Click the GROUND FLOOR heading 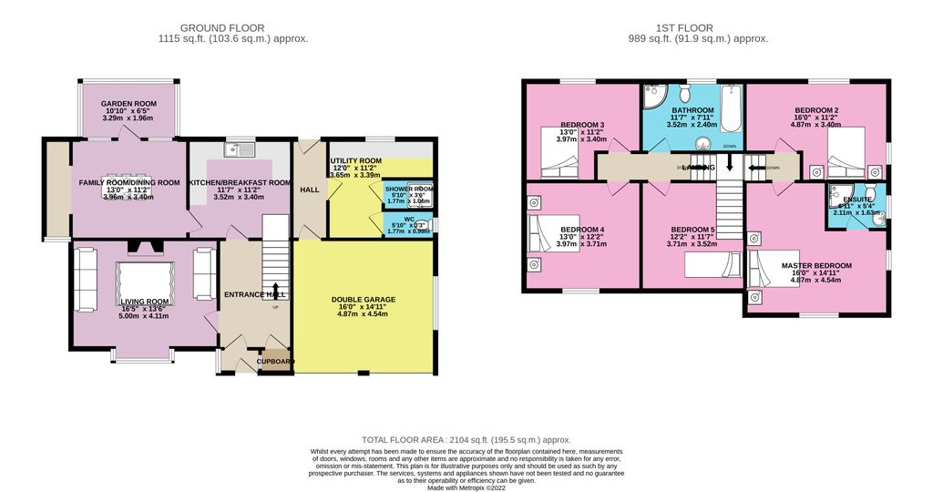233,27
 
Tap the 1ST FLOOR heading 698,27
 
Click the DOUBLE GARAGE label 364,300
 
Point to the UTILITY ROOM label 355,160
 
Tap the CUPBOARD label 276,362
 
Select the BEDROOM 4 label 582,229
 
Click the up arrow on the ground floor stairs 274,291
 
